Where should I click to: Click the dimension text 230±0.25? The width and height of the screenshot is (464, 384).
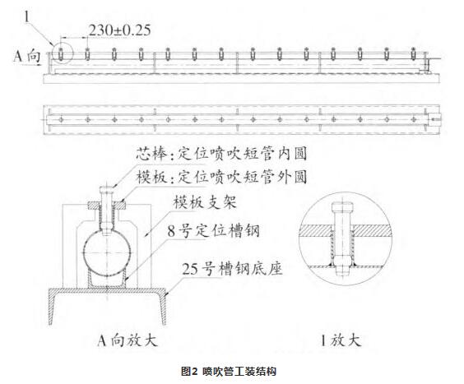click(119, 30)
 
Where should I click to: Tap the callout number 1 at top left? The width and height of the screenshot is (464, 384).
click(27, 17)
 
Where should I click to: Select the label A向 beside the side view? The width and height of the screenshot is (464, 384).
click(26, 56)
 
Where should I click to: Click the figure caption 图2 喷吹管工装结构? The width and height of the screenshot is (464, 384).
click(229, 371)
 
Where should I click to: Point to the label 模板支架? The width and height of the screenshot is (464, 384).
click(205, 202)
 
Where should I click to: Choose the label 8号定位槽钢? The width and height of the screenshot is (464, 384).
click(213, 231)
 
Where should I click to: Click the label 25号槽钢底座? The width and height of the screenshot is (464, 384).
click(232, 269)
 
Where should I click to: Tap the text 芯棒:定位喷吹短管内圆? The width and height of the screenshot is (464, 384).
click(221, 154)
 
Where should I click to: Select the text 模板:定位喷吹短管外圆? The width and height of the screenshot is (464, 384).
click(221, 177)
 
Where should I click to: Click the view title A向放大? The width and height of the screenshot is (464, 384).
click(128, 340)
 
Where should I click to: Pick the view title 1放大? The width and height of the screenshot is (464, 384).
click(341, 340)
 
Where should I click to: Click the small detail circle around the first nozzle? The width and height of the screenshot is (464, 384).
click(52, 53)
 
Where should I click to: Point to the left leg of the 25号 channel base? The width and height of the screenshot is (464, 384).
click(52, 308)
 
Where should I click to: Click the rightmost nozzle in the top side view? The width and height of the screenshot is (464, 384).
click(413, 53)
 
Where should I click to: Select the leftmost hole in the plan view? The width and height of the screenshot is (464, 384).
click(61, 119)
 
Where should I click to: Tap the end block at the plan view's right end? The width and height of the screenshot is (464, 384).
click(434, 119)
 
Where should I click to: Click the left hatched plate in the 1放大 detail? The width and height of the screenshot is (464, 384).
click(315, 230)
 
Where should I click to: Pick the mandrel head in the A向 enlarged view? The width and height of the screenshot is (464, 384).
click(107, 188)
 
